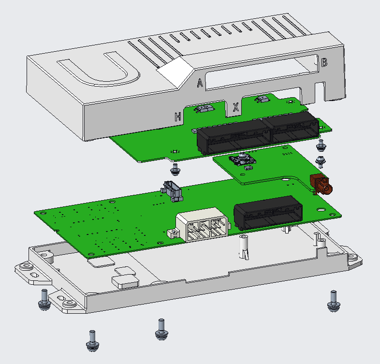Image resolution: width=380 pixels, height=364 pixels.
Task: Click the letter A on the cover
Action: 200,83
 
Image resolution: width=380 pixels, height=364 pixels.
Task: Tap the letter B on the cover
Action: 324,62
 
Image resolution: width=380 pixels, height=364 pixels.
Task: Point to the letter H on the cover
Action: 177,117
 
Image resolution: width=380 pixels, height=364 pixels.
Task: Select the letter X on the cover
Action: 235,107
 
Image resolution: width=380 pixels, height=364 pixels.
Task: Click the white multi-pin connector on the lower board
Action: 203,224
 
